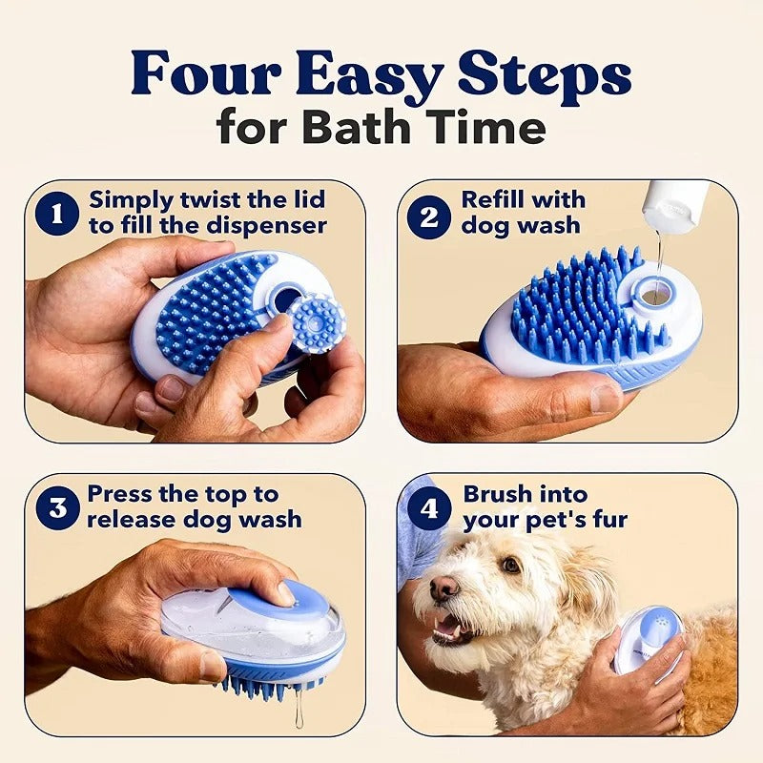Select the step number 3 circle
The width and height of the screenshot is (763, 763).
coord(56,507)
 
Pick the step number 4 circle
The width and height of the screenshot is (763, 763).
coord(428,507)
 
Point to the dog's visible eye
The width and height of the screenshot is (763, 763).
coord(510,566)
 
